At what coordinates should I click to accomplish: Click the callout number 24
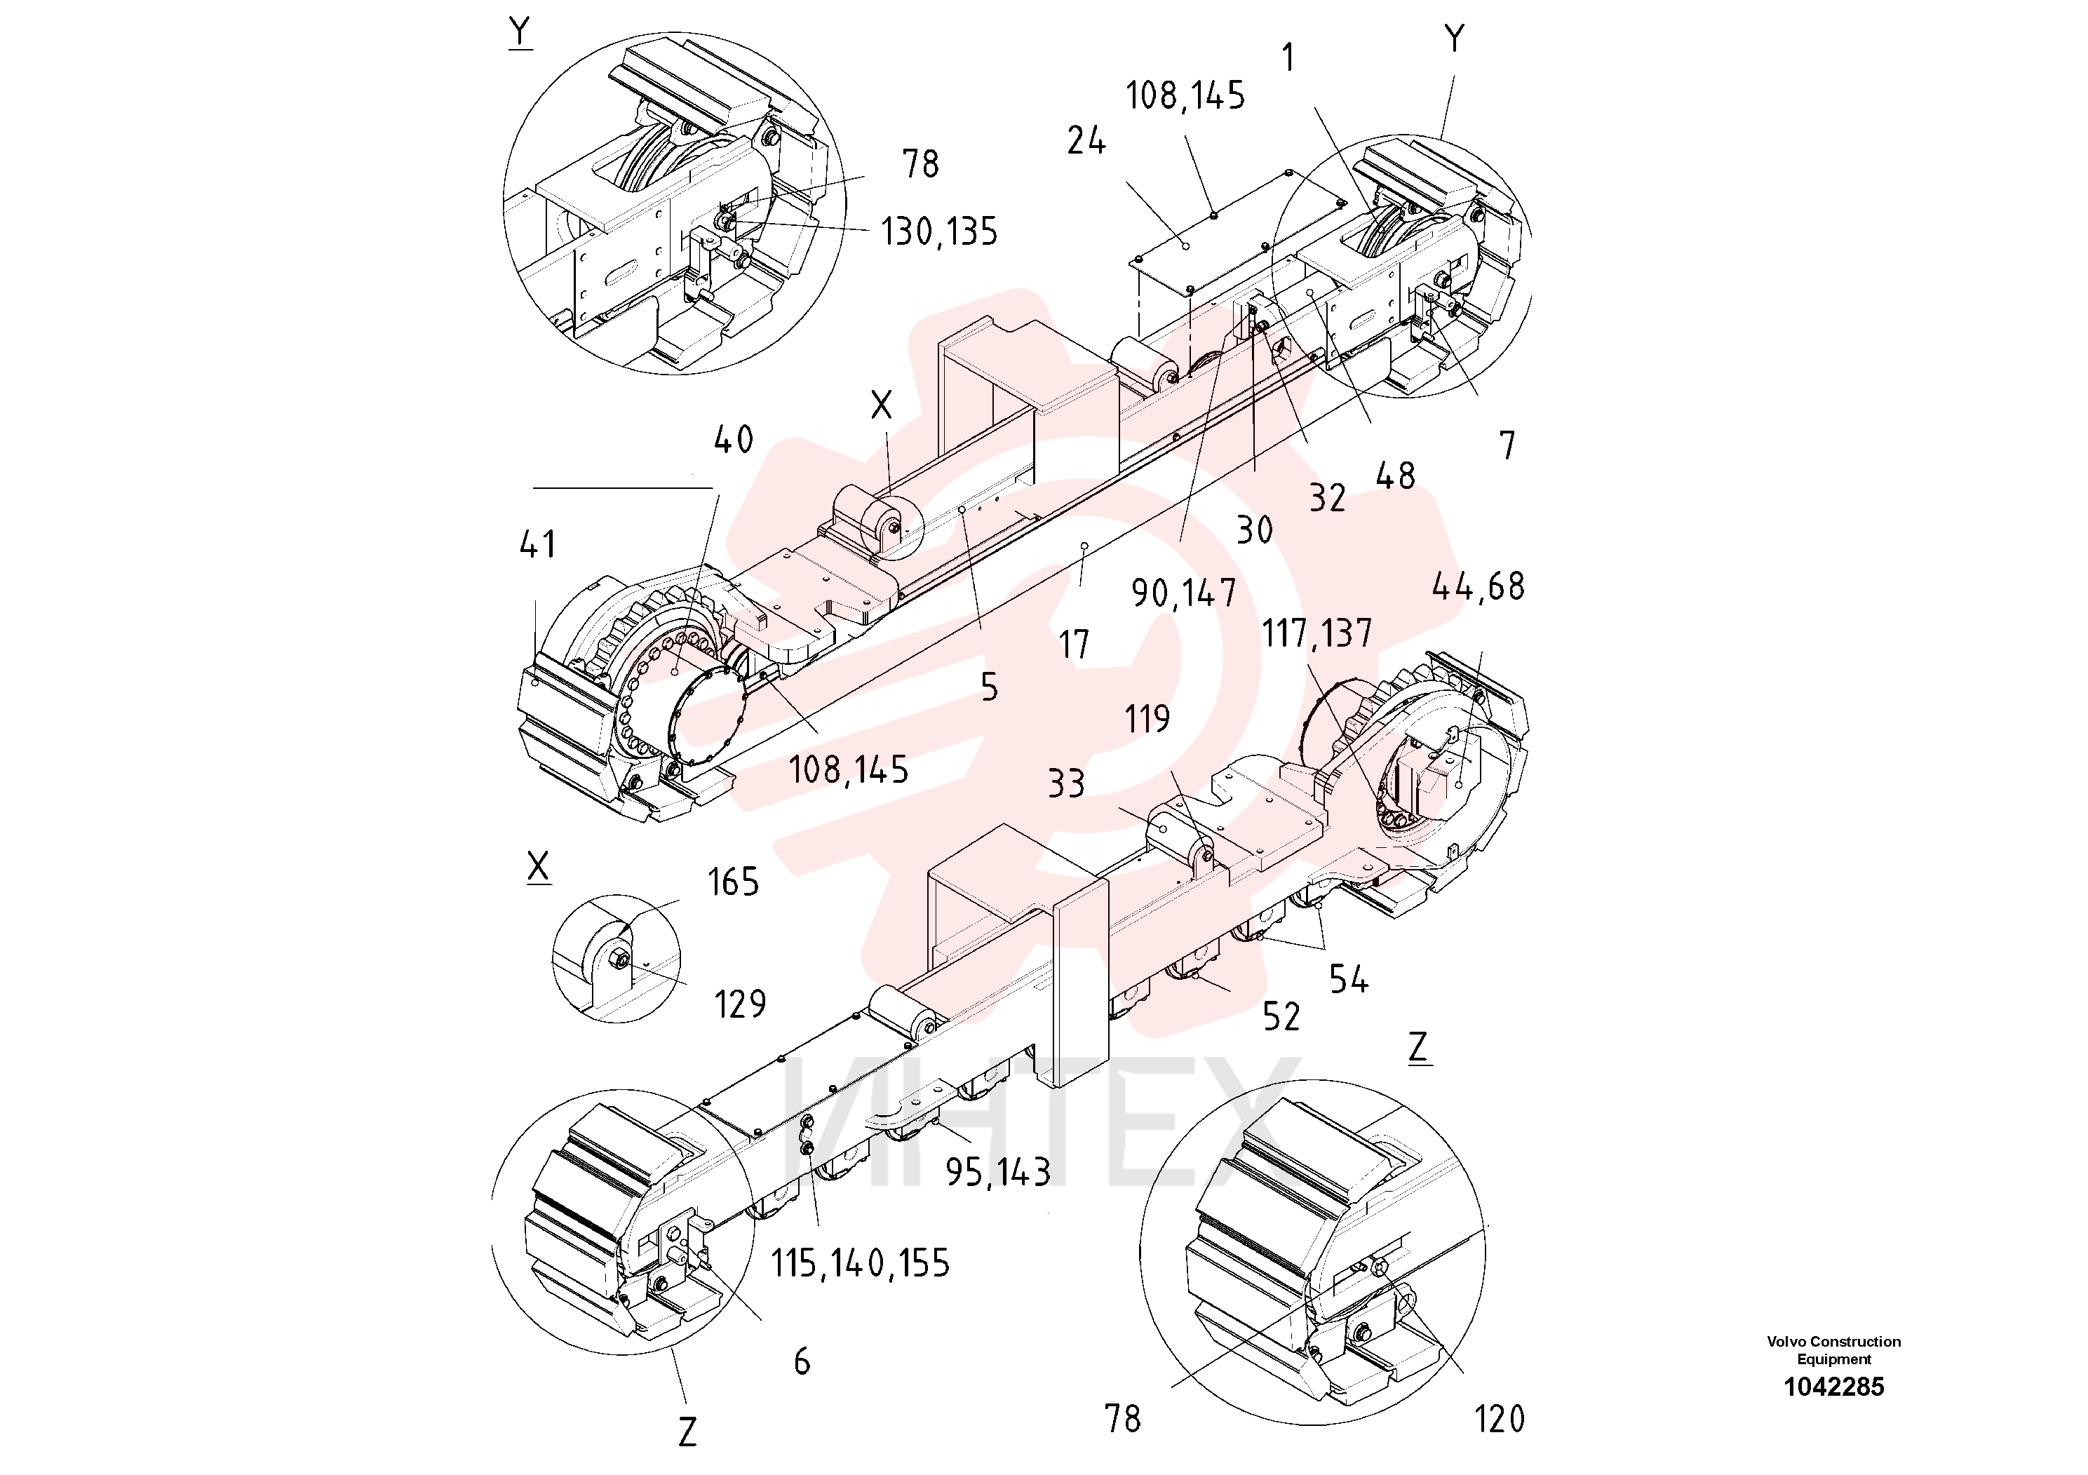pyautogui.click(x=1086, y=141)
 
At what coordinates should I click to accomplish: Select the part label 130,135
pyautogui.click(x=938, y=232)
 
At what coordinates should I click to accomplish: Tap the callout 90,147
pyautogui.click(x=1183, y=593)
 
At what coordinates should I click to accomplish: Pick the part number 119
pyautogui.click(x=1147, y=720)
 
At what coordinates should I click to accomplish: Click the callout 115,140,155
pyautogui.click(x=861, y=1263)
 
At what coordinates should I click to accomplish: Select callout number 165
pyautogui.click(x=733, y=882)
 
